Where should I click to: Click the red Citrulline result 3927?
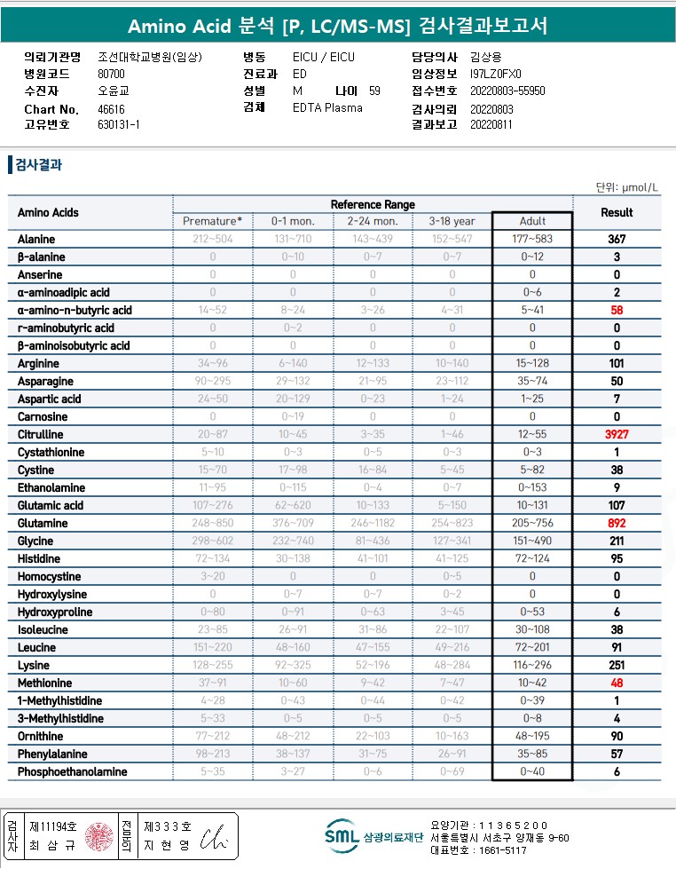tap(616, 434)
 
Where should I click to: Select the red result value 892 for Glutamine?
tap(616, 523)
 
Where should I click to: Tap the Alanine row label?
tap(36, 239)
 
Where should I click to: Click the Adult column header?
tap(532, 221)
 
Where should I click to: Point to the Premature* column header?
tap(212, 221)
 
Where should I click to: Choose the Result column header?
tap(617, 212)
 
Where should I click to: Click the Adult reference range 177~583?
tap(532, 239)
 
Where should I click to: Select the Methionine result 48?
tap(616, 683)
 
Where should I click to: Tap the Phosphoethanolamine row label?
tap(72, 771)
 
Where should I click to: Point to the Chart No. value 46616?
tap(111, 109)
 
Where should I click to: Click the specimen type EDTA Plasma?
tap(327, 107)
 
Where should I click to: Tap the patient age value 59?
tap(374, 91)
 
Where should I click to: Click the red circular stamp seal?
tap(98, 836)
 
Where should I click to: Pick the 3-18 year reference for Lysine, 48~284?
tap(452, 665)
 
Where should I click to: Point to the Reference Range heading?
tap(373, 205)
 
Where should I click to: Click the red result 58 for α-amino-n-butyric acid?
tap(616, 310)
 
